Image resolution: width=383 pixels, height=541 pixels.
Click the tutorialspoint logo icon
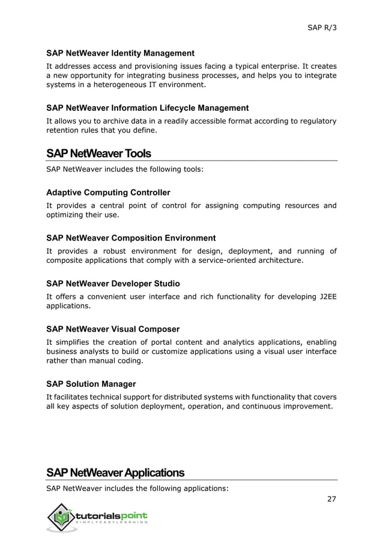59,516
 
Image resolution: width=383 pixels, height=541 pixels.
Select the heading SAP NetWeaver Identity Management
120,53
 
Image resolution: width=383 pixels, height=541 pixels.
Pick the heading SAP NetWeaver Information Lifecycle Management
147,108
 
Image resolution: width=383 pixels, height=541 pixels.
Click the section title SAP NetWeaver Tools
98,154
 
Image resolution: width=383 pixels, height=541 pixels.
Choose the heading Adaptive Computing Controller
108,193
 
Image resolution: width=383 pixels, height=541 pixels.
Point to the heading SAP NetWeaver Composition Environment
131,238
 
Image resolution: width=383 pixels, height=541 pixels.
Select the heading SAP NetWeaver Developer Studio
113,284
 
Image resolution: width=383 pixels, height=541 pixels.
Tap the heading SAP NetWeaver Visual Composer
113,329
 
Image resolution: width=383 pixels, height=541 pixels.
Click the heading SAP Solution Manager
91,384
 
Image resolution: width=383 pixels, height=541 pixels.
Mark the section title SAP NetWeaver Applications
115,473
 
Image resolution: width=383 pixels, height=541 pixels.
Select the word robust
111,251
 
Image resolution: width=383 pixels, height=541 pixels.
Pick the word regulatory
315,121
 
